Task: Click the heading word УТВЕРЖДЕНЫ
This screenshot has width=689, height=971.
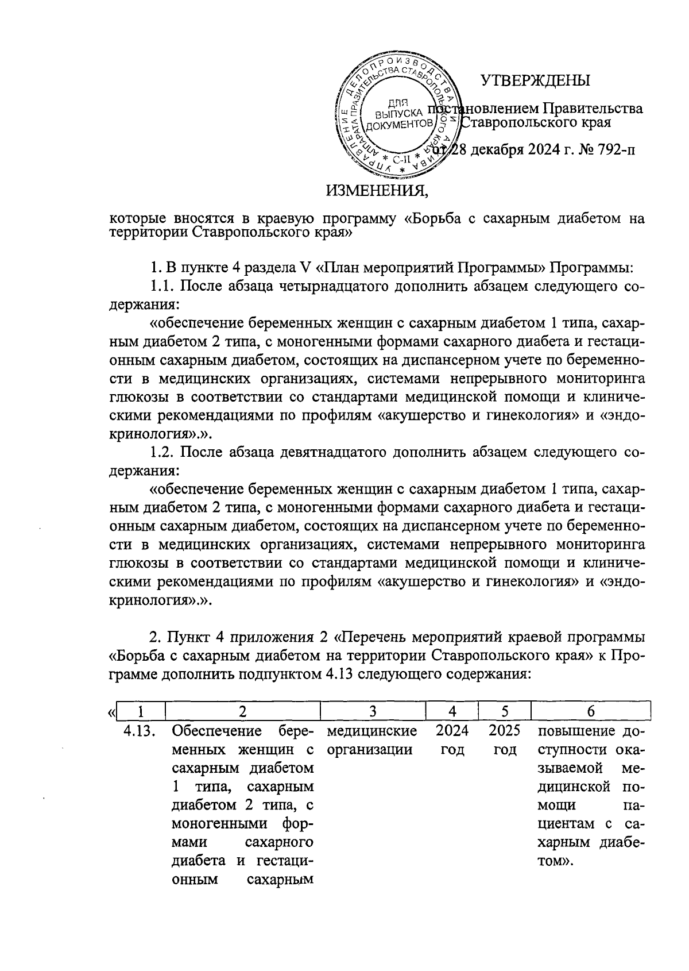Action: (535, 81)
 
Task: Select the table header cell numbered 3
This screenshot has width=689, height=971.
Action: (373, 711)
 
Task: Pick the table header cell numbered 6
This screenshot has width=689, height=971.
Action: (591, 711)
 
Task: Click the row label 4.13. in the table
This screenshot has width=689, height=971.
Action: (141, 731)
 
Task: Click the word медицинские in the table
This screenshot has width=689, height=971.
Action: (371, 731)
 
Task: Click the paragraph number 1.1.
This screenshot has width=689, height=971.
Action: (162, 286)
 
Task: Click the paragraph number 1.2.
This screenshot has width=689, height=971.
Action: (162, 453)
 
